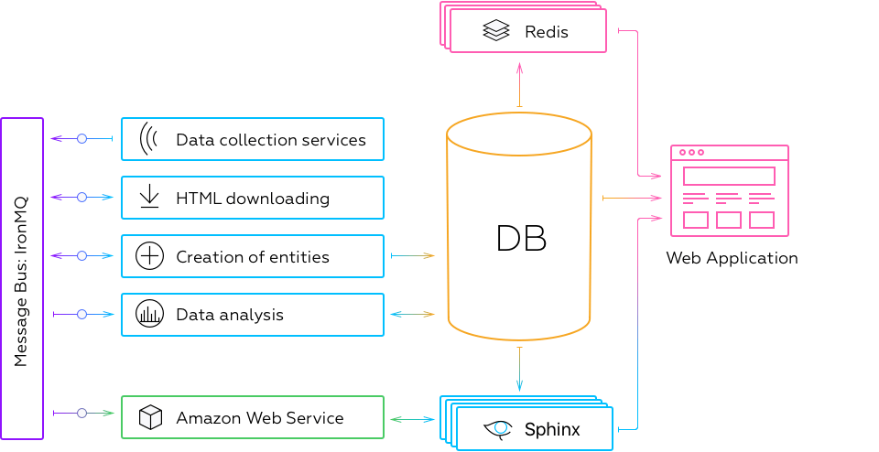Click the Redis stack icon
(495, 32)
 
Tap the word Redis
(547, 32)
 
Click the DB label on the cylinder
(521, 238)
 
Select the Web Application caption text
(732, 258)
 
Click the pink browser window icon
(729, 190)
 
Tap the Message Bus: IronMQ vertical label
(21, 279)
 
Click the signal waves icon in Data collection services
(148, 139)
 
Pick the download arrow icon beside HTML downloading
(149, 198)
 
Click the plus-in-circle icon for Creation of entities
(149, 256)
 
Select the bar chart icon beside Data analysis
(149, 314)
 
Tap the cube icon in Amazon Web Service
(149, 418)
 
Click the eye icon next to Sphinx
(499, 428)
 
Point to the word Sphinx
(552, 429)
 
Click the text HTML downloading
(253, 199)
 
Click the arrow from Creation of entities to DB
(412, 256)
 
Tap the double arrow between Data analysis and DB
(412, 314)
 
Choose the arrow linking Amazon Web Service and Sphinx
(412, 419)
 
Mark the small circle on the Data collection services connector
(81, 139)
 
